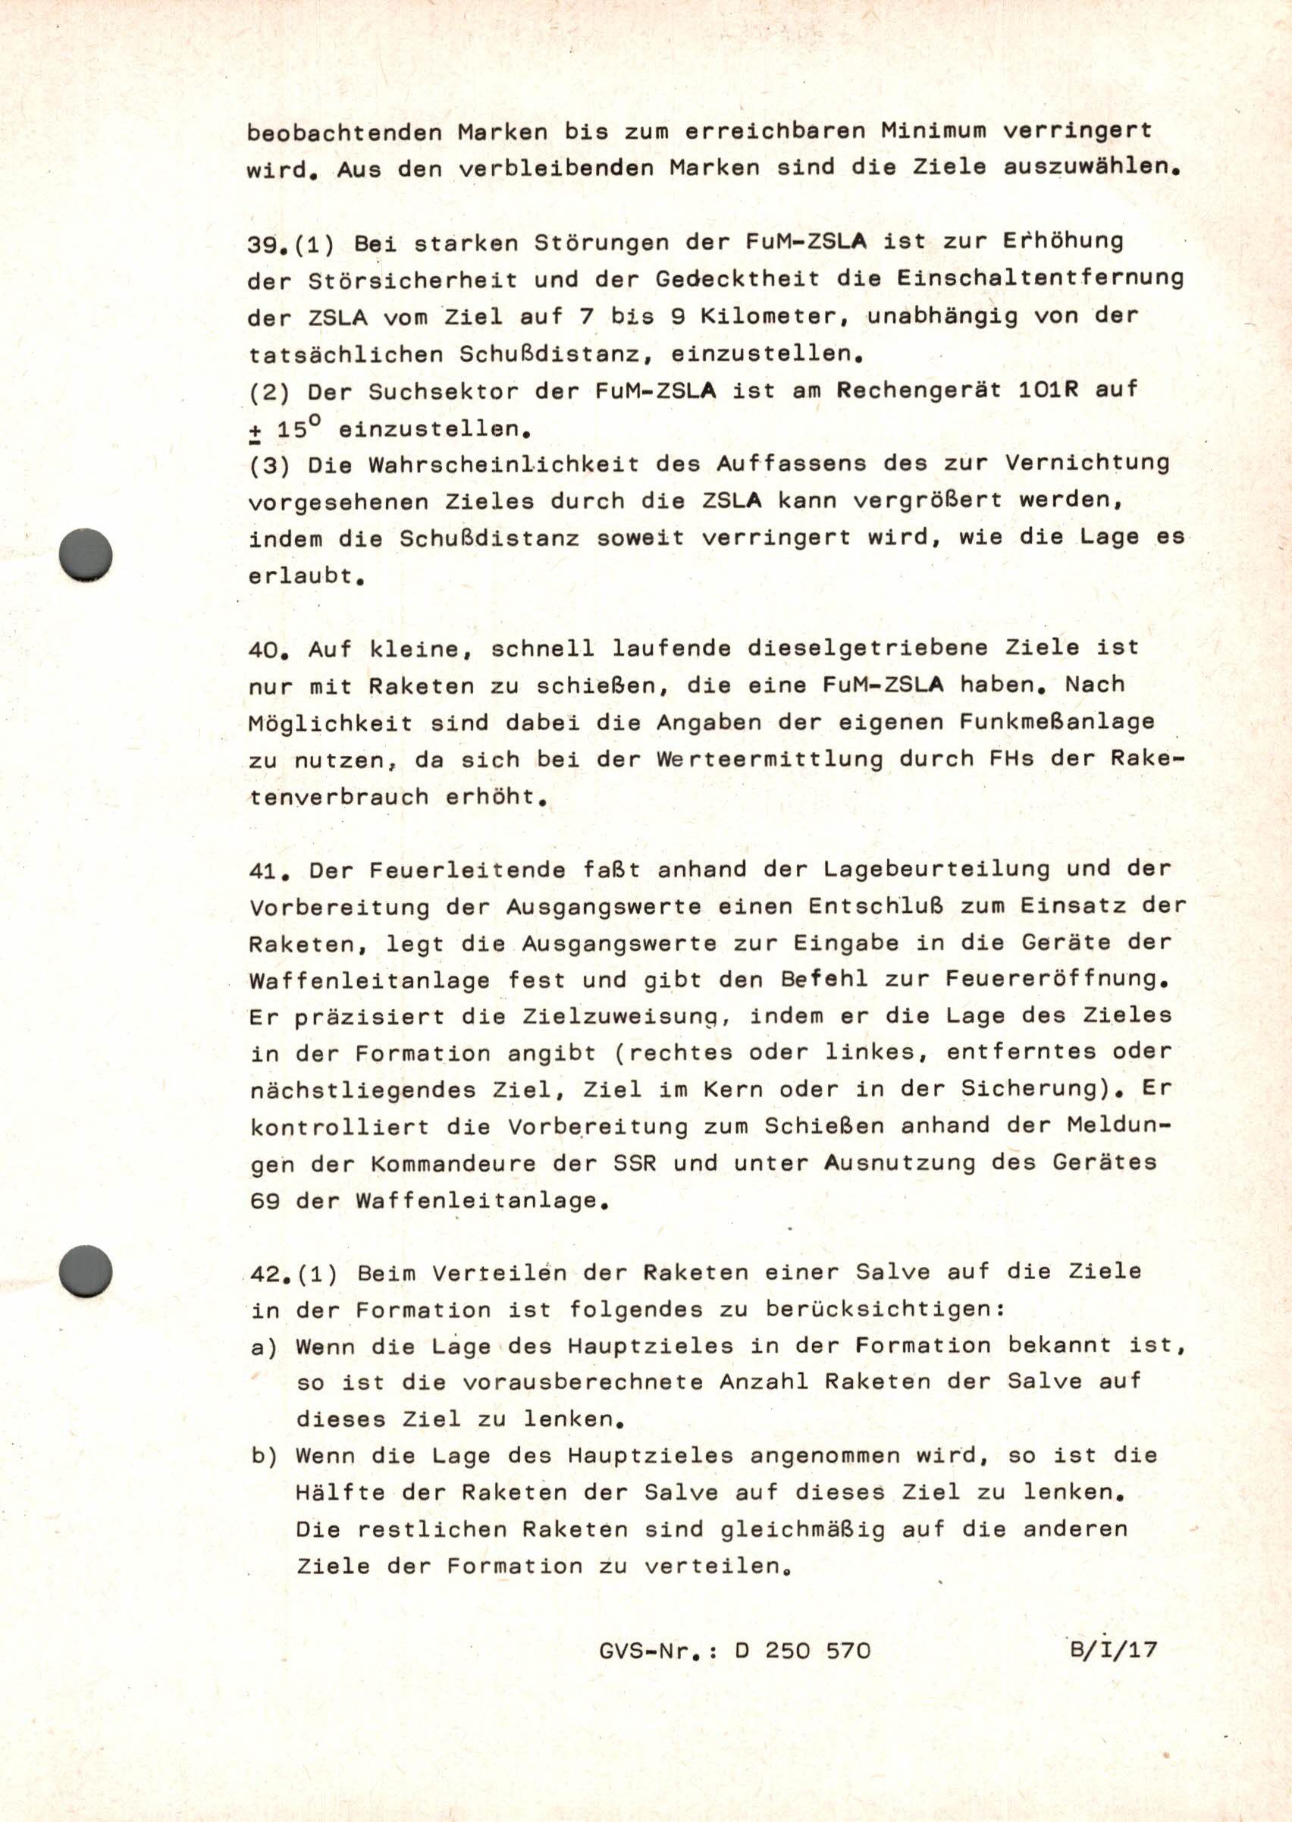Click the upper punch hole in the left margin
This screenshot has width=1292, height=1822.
[x=86, y=554]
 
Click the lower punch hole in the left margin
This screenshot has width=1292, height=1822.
[x=86, y=1271]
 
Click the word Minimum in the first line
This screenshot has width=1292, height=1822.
[x=933, y=130]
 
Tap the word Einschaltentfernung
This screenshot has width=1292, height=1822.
[x=1040, y=278]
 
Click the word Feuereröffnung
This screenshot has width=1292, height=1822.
[x=1056, y=980]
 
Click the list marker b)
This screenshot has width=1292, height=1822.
[x=264, y=1456]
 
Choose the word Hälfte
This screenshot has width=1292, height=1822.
[x=340, y=1494]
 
